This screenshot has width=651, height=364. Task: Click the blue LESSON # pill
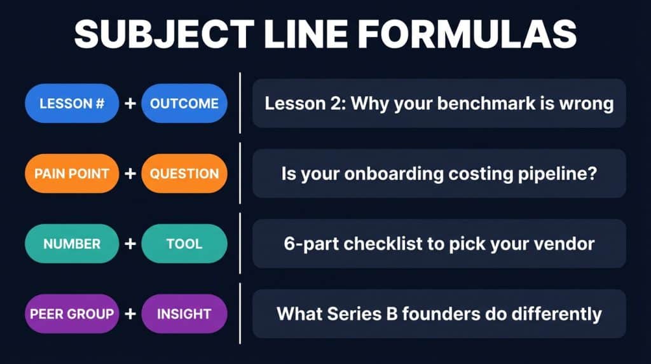click(x=72, y=103)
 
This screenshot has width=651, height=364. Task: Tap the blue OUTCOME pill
click(x=184, y=103)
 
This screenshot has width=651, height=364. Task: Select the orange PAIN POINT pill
click(x=72, y=173)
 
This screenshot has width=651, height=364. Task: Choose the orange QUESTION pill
click(x=184, y=173)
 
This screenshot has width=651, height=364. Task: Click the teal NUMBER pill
click(x=72, y=244)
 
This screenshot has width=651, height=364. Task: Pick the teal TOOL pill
click(x=184, y=244)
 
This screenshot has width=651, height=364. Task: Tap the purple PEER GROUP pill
click(x=72, y=314)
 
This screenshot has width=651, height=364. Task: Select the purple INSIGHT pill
click(x=184, y=314)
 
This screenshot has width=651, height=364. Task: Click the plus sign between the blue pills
click(x=130, y=103)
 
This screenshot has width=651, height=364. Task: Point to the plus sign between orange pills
click(x=130, y=173)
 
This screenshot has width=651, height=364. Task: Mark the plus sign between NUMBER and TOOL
click(x=130, y=244)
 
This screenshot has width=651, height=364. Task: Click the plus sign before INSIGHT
click(x=130, y=314)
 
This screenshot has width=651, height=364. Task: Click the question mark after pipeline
click(x=591, y=174)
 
